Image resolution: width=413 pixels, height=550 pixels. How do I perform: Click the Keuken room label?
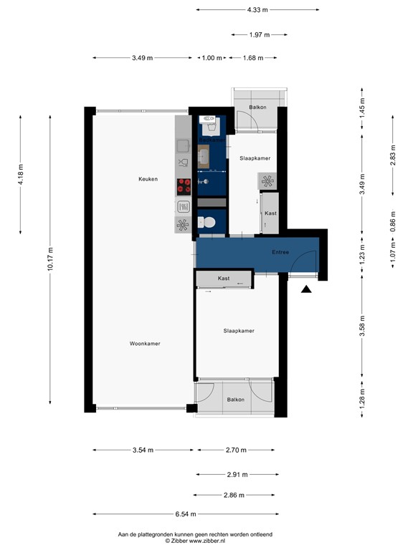click(x=148, y=179)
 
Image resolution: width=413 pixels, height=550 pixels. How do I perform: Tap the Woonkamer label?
click(x=145, y=344)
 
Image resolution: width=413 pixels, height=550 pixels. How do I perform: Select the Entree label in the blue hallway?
click(x=280, y=252)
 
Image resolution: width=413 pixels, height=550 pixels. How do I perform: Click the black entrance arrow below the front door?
click(x=306, y=289)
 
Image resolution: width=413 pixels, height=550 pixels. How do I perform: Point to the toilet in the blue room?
click(x=209, y=223)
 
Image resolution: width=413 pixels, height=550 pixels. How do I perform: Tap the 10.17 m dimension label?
click(x=51, y=259)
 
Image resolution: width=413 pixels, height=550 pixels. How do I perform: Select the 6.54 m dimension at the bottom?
click(x=186, y=513)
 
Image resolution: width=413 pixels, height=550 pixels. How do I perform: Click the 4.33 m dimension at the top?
click(x=257, y=10)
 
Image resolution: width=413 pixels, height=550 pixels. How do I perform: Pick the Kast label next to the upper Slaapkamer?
click(x=270, y=213)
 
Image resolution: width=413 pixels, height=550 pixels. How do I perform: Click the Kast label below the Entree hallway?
click(x=223, y=277)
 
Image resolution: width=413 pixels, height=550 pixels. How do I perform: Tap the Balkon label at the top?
click(x=257, y=107)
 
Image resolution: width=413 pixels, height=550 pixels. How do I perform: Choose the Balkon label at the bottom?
click(x=236, y=400)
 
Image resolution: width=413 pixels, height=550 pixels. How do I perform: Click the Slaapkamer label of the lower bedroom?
click(x=239, y=331)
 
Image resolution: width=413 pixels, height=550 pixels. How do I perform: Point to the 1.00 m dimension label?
click(x=212, y=58)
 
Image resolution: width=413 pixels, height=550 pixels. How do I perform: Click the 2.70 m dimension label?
click(x=236, y=450)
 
